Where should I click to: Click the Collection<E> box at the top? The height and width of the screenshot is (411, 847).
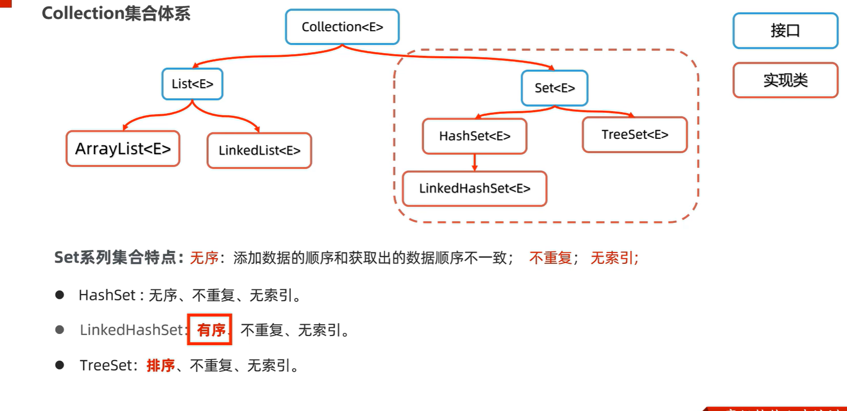[342, 27]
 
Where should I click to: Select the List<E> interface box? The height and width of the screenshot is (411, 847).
[192, 84]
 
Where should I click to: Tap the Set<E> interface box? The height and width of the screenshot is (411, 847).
[554, 88]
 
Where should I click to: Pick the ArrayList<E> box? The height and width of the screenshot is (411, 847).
[123, 149]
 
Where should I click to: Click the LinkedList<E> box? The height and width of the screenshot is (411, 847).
[259, 151]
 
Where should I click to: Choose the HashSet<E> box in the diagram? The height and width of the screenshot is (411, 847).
[475, 136]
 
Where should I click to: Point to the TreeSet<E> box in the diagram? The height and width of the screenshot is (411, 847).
[635, 134]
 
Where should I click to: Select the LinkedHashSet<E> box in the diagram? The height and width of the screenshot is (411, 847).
[475, 188]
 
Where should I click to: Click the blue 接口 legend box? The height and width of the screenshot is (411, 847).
[785, 31]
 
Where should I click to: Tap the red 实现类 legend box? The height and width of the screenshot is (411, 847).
[785, 80]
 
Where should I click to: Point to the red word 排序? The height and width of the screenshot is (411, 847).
[161, 366]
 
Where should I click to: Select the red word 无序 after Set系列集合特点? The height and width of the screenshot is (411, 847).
[204, 258]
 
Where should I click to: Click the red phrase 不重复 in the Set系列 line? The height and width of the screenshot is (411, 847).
[550, 258]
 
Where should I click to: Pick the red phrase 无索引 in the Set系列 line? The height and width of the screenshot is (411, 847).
[612, 258]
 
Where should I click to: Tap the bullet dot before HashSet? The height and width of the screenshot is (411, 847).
[60, 295]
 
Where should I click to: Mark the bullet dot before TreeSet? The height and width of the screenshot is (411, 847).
[60, 365]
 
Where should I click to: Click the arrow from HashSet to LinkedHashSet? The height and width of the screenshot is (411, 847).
[475, 163]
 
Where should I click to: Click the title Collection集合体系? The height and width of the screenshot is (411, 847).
[116, 13]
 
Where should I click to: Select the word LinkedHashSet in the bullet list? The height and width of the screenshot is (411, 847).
[132, 330]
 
